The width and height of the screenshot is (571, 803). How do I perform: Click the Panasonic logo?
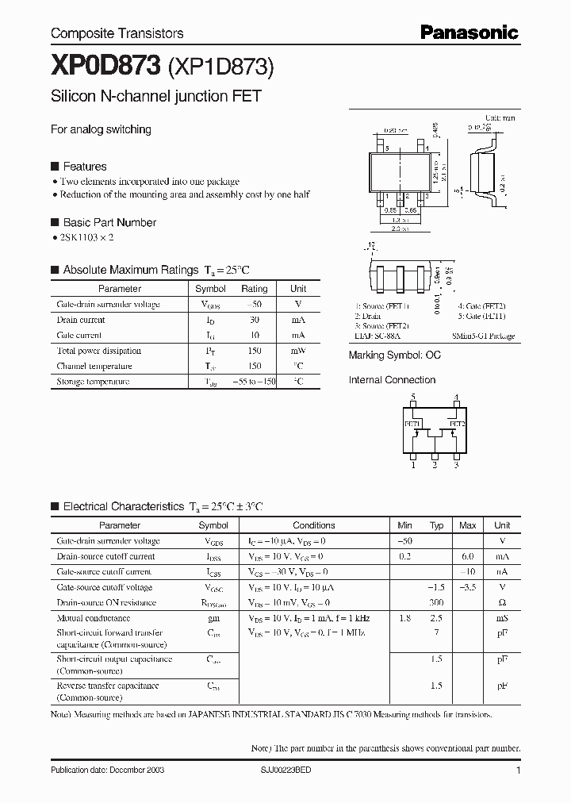(x=469, y=32)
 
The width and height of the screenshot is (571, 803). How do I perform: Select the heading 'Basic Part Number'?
(x=109, y=222)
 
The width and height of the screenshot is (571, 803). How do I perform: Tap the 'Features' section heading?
(x=85, y=167)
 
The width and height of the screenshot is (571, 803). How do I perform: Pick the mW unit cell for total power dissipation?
(x=297, y=351)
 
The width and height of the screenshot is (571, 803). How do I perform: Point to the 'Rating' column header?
(x=254, y=289)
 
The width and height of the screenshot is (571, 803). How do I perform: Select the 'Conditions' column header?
(x=314, y=525)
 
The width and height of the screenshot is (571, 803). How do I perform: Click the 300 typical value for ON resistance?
(x=436, y=603)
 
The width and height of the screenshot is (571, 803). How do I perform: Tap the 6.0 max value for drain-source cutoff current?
(x=468, y=556)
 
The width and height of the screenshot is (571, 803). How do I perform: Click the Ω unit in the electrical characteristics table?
(x=502, y=603)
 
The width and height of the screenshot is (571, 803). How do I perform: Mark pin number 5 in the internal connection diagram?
(x=412, y=397)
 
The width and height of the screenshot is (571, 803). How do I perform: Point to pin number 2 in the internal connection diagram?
(x=435, y=465)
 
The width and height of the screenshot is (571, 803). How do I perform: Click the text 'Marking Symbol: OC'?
(x=394, y=355)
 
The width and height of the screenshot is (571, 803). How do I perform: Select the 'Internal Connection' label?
(x=392, y=380)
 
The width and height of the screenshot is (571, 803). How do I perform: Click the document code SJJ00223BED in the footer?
(x=293, y=770)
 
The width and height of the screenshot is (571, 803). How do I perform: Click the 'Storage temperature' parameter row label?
(x=93, y=382)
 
